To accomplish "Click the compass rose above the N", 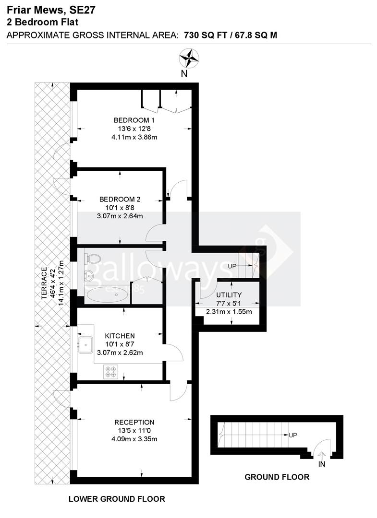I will click(189, 58).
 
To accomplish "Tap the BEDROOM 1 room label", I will click(134, 120).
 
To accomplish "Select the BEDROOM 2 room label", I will click(120, 199).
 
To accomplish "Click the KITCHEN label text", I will click(120, 336).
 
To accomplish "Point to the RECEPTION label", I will click(134, 422).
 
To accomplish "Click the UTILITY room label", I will click(229, 294).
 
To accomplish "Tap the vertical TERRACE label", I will click(45, 283).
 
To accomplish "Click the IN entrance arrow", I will click(321, 456).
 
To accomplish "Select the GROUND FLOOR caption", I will click(277, 477).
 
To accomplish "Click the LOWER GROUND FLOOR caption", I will click(117, 499).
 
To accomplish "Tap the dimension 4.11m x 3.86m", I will click(134, 137).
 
